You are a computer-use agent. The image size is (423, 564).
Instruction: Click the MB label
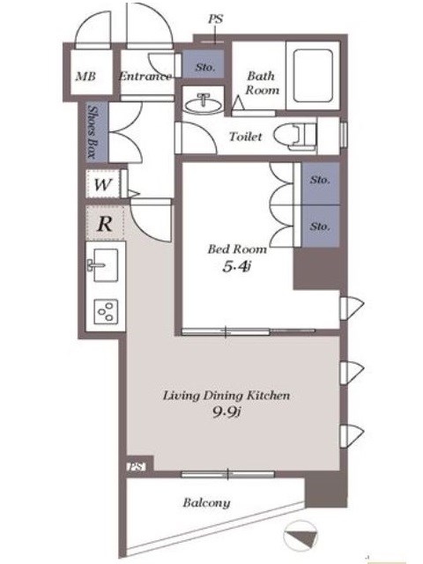click(85, 77)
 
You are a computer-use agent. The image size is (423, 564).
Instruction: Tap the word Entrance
click(145, 76)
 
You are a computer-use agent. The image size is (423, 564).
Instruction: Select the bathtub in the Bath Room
click(313, 76)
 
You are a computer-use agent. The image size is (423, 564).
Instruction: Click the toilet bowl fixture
click(294, 137)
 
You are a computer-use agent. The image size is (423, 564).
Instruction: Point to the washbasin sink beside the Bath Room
click(204, 104)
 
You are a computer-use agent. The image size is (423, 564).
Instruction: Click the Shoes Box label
click(93, 132)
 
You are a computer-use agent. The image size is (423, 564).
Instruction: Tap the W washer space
click(103, 184)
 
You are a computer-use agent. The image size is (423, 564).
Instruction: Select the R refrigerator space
click(105, 223)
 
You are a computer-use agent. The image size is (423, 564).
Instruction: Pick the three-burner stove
click(106, 311)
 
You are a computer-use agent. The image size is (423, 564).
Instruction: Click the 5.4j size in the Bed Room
click(236, 266)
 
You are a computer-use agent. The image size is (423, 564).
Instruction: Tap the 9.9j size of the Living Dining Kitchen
click(226, 412)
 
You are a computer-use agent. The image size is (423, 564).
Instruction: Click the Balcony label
click(206, 503)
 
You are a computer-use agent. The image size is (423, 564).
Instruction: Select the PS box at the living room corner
click(137, 467)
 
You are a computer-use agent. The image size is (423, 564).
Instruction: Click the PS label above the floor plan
click(215, 19)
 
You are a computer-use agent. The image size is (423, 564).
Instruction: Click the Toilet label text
click(246, 137)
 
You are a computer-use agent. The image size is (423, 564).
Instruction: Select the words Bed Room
click(237, 249)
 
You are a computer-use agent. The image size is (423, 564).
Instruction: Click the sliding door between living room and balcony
click(227, 474)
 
